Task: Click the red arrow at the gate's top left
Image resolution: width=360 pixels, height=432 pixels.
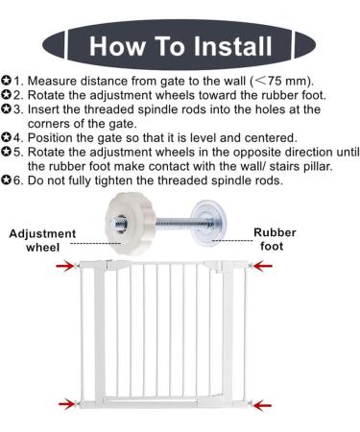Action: (x=65, y=266)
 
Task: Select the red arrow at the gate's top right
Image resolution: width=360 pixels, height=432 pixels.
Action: (x=263, y=266)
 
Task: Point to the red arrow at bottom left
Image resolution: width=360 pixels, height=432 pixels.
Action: (x=67, y=404)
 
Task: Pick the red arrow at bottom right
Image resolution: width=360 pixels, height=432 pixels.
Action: (x=262, y=405)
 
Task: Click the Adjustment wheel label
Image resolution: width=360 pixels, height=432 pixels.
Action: (x=42, y=240)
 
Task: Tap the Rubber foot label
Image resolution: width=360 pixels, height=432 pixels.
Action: (x=275, y=239)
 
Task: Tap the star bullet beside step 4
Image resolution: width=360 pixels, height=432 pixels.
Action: (x=6, y=138)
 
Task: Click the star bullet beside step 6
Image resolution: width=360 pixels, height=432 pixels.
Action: (x=6, y=180)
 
